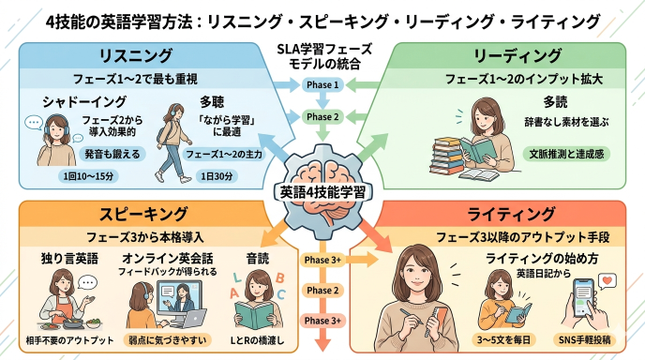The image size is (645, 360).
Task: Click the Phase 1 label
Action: pos(322,85)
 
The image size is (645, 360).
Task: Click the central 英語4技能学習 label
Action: pos(321,191)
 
